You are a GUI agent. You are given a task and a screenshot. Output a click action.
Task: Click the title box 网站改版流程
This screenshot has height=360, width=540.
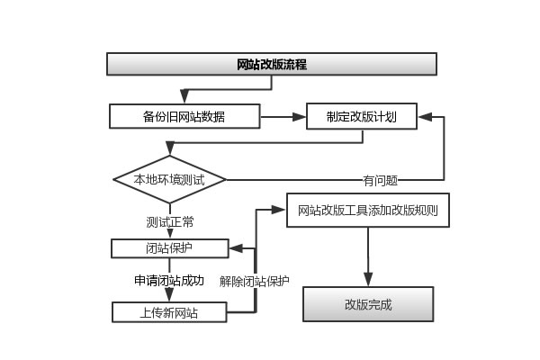click(x=272, y=64)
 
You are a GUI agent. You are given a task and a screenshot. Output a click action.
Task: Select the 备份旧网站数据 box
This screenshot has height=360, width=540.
click(x=184, y=116)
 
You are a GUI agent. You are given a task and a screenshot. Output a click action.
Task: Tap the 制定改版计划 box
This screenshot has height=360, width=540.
click(x=361, y=116)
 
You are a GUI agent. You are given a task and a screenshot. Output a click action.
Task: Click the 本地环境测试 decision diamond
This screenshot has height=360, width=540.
click(x=169, y=179)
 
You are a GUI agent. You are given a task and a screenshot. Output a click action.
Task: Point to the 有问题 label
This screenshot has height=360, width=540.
click(x=380, y=180)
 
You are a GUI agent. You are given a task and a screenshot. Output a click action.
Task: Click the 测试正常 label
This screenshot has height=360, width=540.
click(x=169, y=220)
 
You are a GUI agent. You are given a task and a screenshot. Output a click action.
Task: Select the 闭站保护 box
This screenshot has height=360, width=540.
click(x=169, y=247)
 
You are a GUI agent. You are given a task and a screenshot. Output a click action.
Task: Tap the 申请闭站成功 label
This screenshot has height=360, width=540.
click(x=169, y=281)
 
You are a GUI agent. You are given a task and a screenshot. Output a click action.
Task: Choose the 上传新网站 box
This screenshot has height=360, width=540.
click(x=169, y=312)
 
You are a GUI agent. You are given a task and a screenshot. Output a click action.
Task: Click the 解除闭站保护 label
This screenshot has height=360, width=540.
click(x=255, y=281)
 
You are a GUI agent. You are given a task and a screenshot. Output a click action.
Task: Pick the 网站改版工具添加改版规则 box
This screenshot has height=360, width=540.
click(x=367, y=211)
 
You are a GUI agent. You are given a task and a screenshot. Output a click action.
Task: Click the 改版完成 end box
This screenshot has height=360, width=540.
click(x=367, y=304)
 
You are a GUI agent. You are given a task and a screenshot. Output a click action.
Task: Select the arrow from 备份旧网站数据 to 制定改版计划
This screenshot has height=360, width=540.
click(x=283, y=116)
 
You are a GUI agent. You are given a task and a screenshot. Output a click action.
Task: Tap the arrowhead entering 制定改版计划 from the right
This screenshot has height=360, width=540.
click(x=424, y=116)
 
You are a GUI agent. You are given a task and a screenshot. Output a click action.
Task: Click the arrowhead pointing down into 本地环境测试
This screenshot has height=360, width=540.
click(x=169, y=153)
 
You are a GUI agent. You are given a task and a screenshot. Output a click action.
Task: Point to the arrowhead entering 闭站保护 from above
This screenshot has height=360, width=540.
click(x=169, y=234)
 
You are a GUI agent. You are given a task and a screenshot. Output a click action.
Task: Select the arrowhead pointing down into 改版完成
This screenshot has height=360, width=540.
click(x=367, y=281)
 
